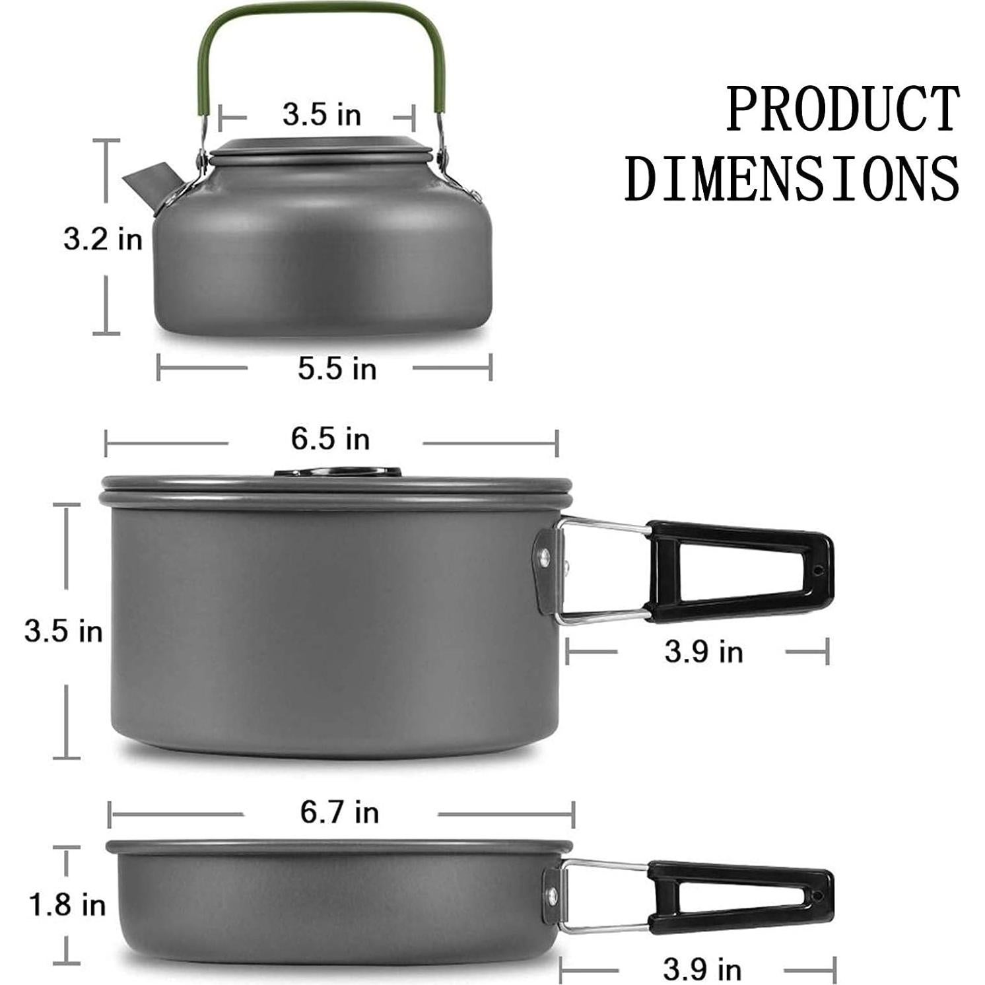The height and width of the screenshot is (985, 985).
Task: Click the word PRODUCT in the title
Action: [842, 109]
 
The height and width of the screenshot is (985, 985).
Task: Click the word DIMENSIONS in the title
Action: [792, 178]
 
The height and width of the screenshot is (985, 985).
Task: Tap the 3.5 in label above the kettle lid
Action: [322, 115]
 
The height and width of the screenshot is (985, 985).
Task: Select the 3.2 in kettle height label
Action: [103, 238]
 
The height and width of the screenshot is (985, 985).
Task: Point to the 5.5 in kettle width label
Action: [337, 368]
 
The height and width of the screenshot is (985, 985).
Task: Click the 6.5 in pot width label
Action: [330, 439]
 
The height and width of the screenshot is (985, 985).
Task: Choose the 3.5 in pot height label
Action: [63, 631]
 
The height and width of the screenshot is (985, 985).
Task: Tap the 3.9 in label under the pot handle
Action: [703, 652]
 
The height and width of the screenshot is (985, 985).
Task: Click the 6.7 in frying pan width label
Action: [339, 812]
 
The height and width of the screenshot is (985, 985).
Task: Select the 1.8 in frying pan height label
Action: [67, 904]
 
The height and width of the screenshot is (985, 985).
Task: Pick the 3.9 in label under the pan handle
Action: [702, 970]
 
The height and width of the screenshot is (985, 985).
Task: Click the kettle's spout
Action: [149, 185]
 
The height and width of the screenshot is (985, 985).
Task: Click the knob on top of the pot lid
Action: [337, 472]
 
